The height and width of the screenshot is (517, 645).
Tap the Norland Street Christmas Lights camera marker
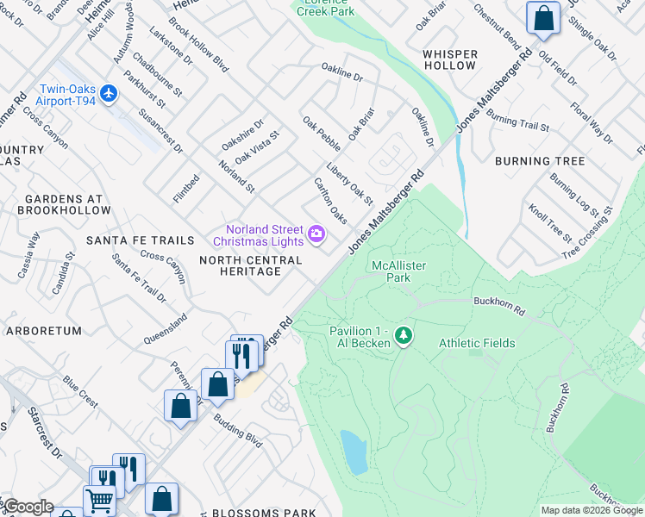tap(316, 234)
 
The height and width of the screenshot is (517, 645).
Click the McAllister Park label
tap(398, 271)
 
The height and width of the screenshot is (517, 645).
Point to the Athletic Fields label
tap(477, 343)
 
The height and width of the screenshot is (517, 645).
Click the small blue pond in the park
tap(354, 452)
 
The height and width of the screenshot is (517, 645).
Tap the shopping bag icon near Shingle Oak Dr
tap(543, 18)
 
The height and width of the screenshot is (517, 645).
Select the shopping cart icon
tap(99, 500)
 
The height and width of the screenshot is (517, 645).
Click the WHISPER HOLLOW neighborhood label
tap(450, 59)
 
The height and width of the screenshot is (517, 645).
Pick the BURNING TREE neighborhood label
tap(540, 161)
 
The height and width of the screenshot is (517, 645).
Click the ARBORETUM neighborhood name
tap(43, 331)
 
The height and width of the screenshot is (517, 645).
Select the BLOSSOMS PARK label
tap(263, 513)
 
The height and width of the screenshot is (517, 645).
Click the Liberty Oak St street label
tap(349, 184)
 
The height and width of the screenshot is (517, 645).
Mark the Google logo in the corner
tap(28, 507)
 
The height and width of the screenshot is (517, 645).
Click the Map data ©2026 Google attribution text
tap(592, 510)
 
